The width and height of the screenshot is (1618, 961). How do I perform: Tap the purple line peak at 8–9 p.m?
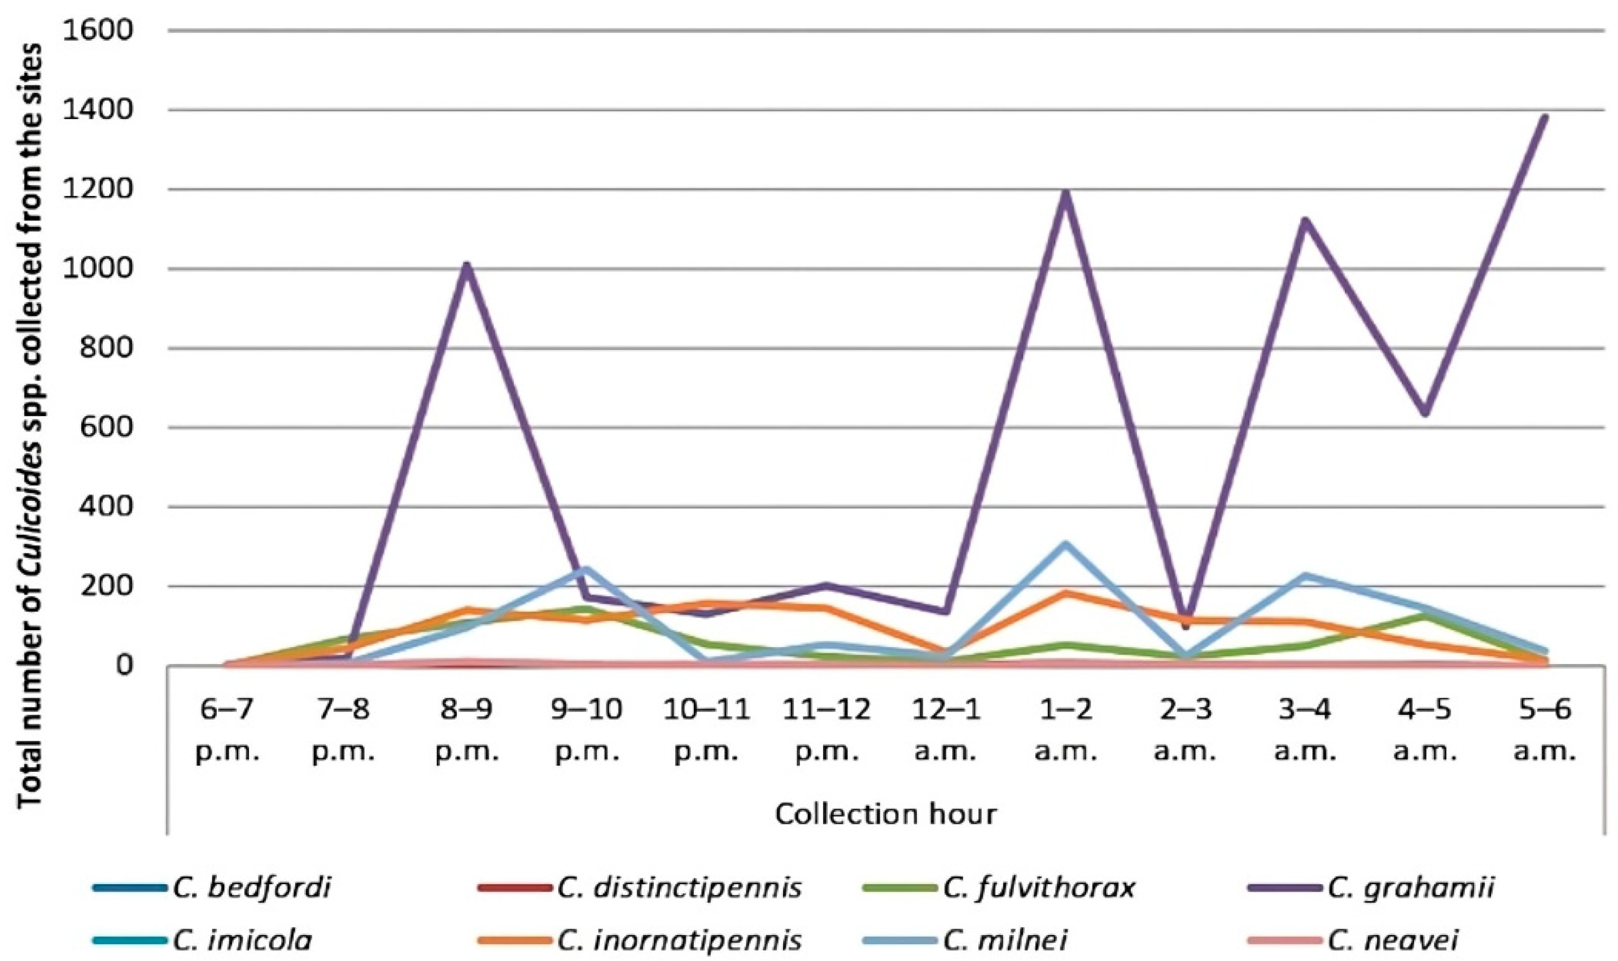coord(466,265)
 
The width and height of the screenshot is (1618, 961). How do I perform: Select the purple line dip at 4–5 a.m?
coord(1425,413)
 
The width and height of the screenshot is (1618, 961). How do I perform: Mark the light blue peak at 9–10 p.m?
coord(585,569)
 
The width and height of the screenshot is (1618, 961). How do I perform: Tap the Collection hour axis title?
coord(886,814)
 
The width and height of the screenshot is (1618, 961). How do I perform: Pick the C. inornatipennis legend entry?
coord(679,939)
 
